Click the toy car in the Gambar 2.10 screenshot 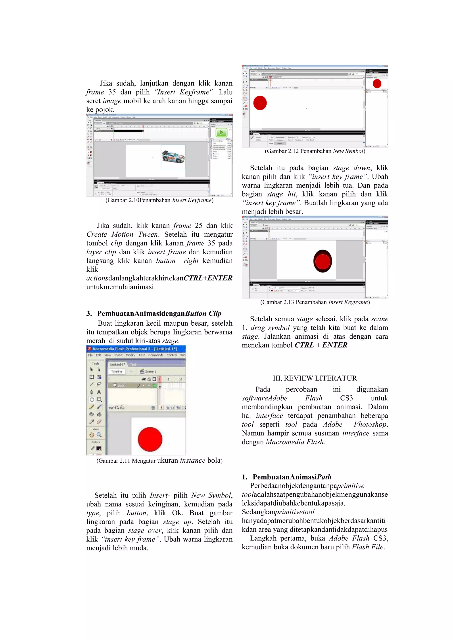tap(173, 157)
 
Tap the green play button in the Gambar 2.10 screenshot tap(221, 132)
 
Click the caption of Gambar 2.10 tap(159, 200)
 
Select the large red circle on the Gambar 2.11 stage tap(150, 439)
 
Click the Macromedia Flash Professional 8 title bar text tap(134, 349)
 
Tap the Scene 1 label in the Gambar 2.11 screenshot tap(150, 371)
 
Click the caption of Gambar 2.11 tap(159, 461)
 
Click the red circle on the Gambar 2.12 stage tap(260, 103)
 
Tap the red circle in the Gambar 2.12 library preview tap(377, 83)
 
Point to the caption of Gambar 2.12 tap(315, 151)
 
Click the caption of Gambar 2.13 tap(315, 302)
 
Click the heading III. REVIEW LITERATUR tap(315, 378)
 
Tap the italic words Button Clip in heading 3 tap(203, 313)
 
